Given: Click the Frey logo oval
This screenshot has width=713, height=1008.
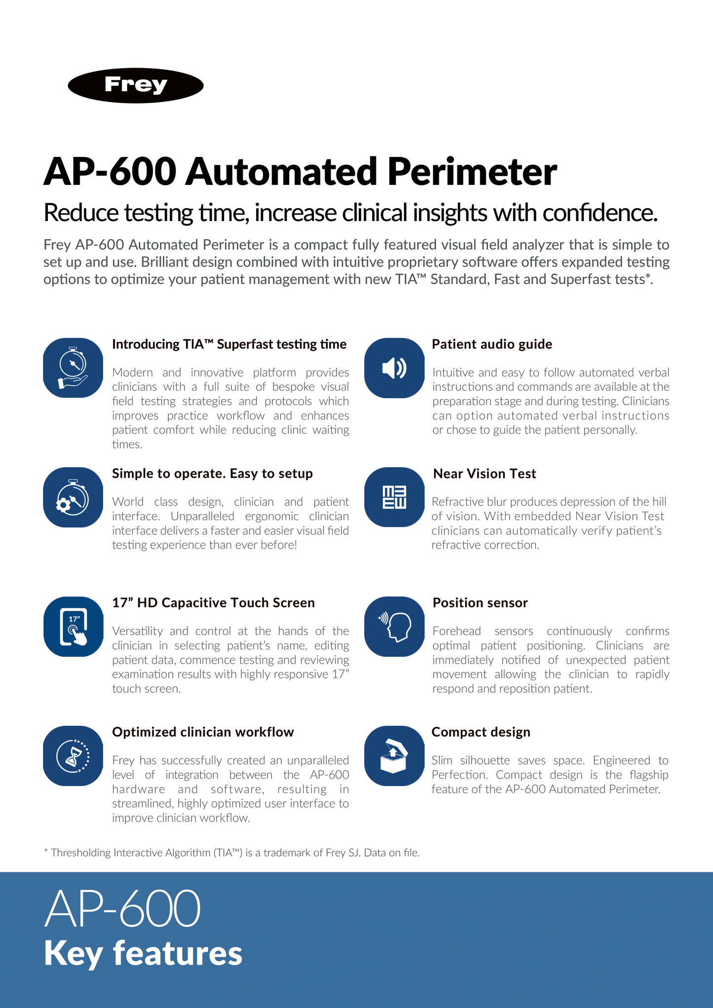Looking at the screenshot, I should coord(136,85).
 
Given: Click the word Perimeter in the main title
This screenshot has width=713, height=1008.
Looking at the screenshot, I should coord(472,172).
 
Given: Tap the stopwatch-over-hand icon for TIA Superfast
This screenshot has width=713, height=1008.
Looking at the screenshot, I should coord(73,368).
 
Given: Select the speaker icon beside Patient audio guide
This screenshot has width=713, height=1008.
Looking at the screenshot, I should coord(394,368).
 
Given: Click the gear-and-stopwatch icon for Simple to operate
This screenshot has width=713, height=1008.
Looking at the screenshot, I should coord(73,497).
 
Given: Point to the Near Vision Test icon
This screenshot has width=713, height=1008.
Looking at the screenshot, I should coord(394,497).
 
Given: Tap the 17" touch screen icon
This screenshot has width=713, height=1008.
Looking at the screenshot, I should coord(73,627).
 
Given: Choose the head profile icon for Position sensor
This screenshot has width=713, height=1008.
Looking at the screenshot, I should coord(394,627).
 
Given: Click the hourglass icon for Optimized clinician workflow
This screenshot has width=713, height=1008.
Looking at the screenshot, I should coord(73,755).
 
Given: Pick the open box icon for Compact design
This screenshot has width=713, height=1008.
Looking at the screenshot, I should coord(394,755).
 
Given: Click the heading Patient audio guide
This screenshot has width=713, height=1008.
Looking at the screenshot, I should coord(491,344).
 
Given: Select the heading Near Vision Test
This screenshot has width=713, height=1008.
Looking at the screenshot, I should coord(484,474).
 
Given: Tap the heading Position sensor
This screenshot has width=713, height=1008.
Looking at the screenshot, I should coord(480,603).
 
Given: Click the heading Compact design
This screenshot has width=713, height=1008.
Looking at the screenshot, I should coord(481,732).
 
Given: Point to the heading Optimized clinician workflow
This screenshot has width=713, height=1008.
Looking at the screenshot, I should coord(203,732).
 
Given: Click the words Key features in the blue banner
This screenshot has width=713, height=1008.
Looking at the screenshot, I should coord(143,953).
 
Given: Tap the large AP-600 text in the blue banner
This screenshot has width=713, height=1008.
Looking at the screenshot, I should coord(122,909).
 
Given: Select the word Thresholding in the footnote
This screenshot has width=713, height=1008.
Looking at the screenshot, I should coord(80,853).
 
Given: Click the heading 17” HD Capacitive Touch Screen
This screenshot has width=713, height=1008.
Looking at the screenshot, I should coord(213,603).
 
